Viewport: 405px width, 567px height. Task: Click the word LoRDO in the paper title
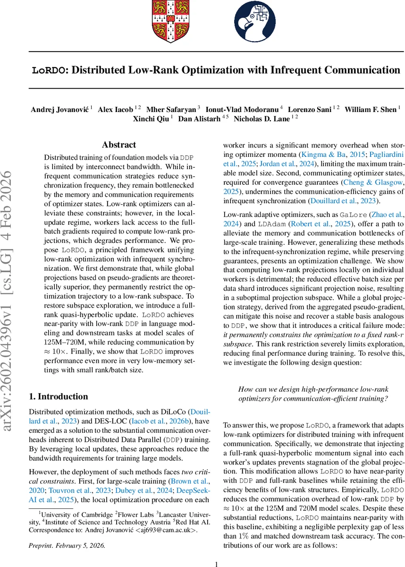click(47, 70)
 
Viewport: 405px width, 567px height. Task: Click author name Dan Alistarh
click(202, 119)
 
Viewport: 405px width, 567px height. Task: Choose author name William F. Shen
click(370, 110)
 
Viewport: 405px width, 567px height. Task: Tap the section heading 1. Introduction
click(59, 396)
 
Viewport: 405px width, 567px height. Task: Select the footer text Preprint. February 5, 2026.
click(67, 532)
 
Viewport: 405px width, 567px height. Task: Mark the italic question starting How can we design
click(313, 394)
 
